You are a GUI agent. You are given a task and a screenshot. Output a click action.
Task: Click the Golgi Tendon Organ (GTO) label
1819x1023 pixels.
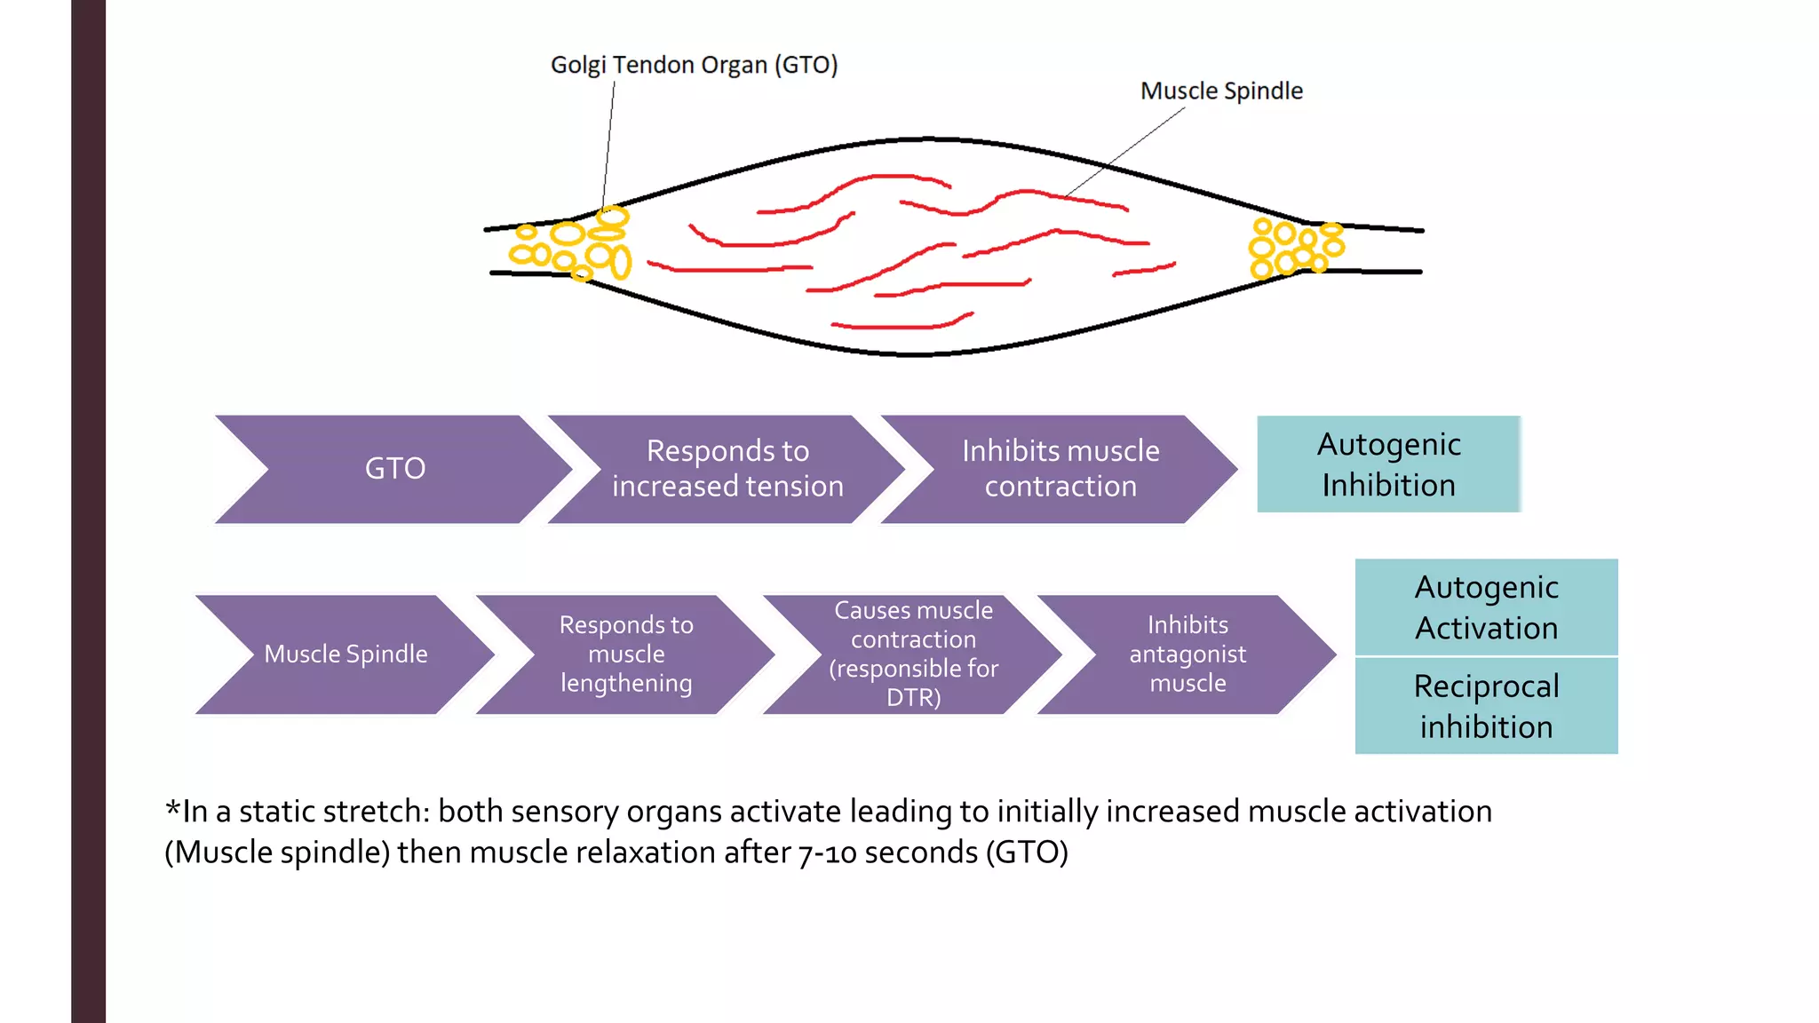pyautogui.click(x=694, y=65)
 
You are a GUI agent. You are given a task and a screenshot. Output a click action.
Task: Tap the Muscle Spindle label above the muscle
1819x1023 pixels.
pyautogui.click(x=1220, y=91)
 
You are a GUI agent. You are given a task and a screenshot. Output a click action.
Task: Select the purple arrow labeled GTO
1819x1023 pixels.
pyautogui.click(x=394, y=468)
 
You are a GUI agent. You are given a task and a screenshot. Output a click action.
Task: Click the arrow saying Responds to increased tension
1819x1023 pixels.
pyautogui.click(x=727, y=468)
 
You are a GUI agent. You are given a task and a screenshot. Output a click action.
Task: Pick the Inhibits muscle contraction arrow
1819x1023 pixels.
pyautogui.click(x=1060, y=468)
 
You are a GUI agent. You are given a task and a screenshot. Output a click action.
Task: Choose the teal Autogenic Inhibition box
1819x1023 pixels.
pyautogui.click(x=1388, y=464)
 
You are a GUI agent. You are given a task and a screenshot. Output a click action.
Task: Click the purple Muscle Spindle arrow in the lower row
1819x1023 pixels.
pyautogui.click(x=346, y=654)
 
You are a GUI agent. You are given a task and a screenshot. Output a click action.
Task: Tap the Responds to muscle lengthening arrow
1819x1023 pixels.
pyautogui.click(x=625, y=654)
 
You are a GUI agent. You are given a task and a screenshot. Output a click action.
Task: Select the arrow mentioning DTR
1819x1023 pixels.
pyautogui.click(x=913, y=654)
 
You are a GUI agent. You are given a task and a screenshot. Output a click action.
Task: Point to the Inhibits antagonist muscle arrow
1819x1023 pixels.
pyautogui.click(x=1187, y=654)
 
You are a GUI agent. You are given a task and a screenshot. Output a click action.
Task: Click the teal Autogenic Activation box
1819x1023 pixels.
pyautogui.click(x=1486, y=607)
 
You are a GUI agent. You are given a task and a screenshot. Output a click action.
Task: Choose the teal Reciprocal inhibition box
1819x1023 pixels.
pyautogui.click(x=1486, y=706)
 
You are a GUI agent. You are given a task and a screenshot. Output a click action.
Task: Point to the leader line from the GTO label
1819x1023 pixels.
pyautogui.click(x=608, y=142)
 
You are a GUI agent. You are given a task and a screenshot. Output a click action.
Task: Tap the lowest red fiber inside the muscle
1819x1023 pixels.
pyautogui.click(x=902, y=325)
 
